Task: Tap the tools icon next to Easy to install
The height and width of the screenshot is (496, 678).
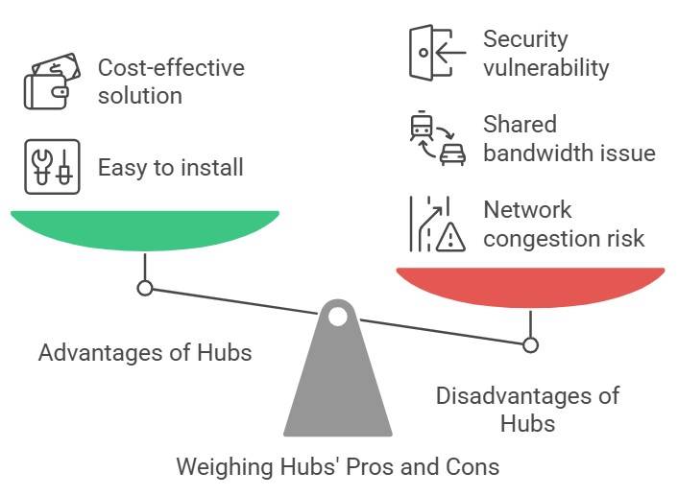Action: [x=51, y=167]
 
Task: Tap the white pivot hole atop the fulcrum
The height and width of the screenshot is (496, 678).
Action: [x=337, y=316]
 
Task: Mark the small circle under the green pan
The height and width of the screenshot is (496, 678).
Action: [x=144, y=288]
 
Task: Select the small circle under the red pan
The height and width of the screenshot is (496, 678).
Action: [x=530, y=344]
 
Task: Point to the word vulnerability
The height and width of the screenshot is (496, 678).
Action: [x=545, y=67]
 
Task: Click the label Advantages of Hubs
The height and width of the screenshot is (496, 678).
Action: [x=145, y=352]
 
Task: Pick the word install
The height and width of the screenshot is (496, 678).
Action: [x=211, y=167]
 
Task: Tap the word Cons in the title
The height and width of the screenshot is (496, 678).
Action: [x=475, y=467]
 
